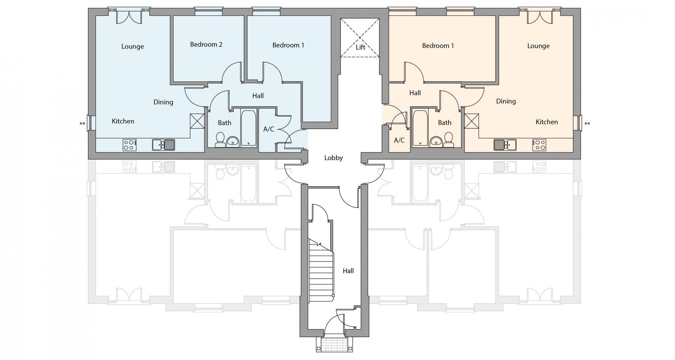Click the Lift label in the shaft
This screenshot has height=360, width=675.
[x=360, y=47]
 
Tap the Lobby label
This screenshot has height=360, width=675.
[x=333, y=158]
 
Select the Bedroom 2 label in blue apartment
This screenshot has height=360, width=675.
[x=206, y=45]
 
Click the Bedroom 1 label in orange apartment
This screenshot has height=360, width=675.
[x=438, y=46]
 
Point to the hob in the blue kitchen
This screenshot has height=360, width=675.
[x=129, y=145]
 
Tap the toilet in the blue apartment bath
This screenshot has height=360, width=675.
[x=220, y=139]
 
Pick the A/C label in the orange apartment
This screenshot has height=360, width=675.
[x=399, y=141]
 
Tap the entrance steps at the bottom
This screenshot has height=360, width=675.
[x=335, y=344]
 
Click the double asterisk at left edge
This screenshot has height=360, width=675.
[x=82, y=124]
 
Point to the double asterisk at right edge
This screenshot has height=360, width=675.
[x=587, y=124]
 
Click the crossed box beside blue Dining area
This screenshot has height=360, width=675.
[x=197, y=121]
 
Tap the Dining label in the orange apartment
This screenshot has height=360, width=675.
[x=505, y=101]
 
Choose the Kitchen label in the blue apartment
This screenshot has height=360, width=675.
[x=123, y=121]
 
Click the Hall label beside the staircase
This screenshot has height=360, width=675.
[x=348, y=271]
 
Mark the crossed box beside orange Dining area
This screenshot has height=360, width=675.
[x=471, y=121]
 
